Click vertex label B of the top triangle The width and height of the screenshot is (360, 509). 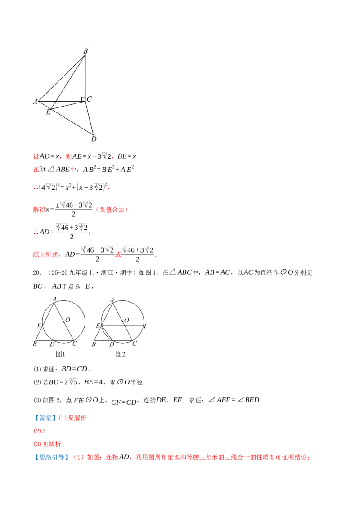86,51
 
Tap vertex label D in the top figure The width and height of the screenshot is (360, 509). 94,139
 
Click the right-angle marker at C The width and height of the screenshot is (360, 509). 83,99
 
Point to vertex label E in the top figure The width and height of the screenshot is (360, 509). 48,112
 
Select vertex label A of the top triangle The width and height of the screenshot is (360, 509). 36,102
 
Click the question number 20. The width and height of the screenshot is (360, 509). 36,272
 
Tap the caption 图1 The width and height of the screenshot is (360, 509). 60,354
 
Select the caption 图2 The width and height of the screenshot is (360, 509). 121,354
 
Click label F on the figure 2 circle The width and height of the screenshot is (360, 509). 146,326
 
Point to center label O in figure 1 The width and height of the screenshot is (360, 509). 67,320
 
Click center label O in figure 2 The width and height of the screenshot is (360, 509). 126,321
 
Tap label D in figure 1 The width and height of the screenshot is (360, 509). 52,344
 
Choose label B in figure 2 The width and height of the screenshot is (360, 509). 94,344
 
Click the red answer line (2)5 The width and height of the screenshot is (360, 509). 40,431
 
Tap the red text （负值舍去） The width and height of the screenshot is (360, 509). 112,210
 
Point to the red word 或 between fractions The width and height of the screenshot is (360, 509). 118,254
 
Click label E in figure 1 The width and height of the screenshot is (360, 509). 39,325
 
